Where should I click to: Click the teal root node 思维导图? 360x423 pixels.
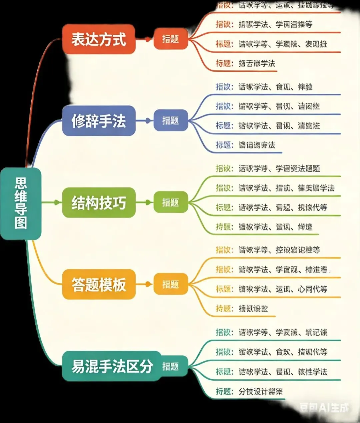(x=21, y=203)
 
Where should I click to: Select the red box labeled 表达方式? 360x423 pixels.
(x=99, y=39)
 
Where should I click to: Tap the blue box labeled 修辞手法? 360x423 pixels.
(x=99, y=120)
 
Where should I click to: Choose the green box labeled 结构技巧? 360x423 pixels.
(x=99, y=202)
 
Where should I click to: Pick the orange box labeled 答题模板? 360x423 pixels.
(x=99, y=285)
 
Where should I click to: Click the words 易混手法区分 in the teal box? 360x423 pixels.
(x=112, y=366)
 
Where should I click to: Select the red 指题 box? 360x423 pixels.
(x=171, y=39)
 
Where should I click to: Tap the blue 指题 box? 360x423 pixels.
(x=171, y=120)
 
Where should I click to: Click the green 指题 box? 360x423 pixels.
(x=171, y=202)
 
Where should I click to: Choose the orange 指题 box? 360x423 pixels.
(x=171, y=285)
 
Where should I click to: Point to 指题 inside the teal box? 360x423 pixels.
(x=171, y=366)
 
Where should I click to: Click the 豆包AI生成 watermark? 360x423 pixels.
(x=324, y=407)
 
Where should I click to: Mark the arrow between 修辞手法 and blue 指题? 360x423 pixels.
(x=145, y=120)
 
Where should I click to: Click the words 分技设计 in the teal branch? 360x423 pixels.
(x=253, y=391)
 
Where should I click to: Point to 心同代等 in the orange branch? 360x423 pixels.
(x=312, y=289)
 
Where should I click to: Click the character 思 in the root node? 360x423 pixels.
(x=21, y=183)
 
